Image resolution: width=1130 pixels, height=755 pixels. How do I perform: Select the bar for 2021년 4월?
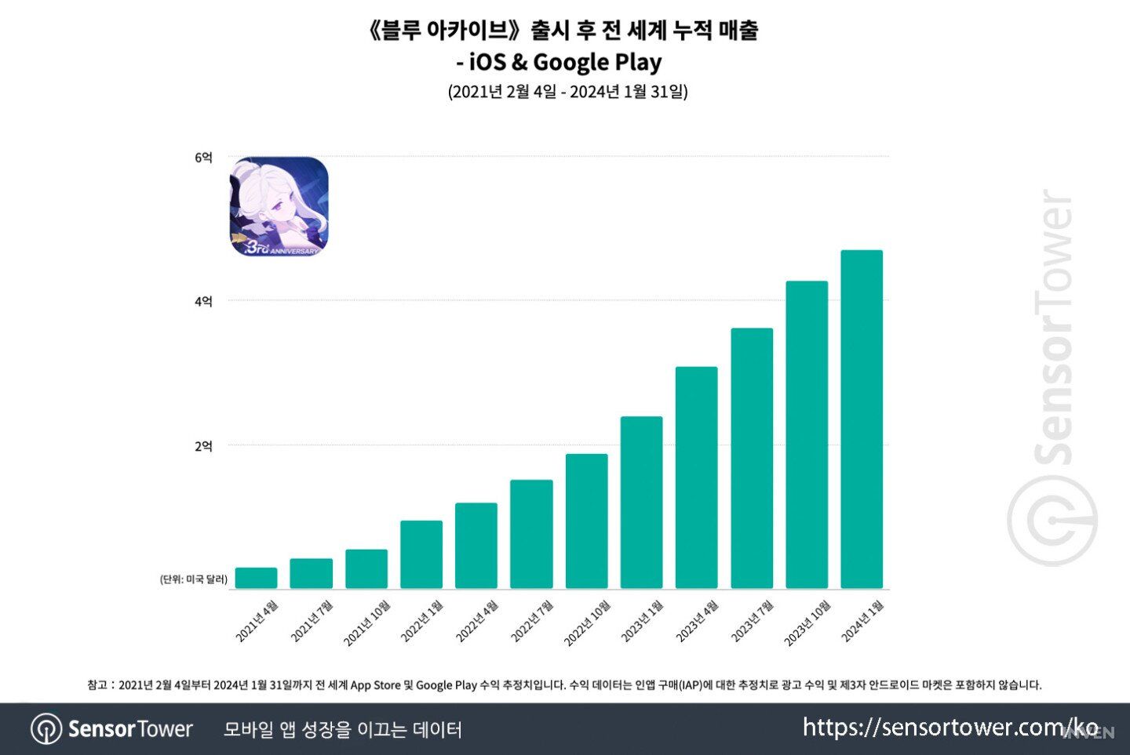pyautogui.click(x=256, y=578)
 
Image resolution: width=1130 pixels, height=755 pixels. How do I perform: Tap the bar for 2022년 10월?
pyautogui.click(x=586, y=521)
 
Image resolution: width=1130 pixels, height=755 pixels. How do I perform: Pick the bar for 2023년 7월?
pyautogui.click(x=751, y=459)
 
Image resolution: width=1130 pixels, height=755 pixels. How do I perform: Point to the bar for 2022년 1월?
pyautogui.click(x=421, y=554)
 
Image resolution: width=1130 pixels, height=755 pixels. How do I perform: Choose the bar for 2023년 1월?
pyautogui.click(x=641, y=503)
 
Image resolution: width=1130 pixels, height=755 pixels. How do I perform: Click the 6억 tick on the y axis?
pyautogui.click(x=203, y=158)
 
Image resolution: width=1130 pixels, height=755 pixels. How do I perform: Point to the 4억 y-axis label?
pyautogui.click(x=203, y=301)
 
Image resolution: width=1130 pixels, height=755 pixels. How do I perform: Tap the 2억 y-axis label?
pyautogui.click(x=203, y=446)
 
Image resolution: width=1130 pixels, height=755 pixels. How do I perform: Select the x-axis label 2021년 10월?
pyautogui.click(x=366, y=623)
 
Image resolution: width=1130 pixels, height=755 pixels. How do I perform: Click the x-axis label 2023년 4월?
pyautogui.click(x=697, y=622)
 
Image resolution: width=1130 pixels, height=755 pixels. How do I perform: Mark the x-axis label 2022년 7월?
pyautogui.click(x=532, y=622)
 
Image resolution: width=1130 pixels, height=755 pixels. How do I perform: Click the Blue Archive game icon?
pyautogui.click(x=279, y=207)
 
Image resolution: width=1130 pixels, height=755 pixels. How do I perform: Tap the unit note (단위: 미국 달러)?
pyautogui.click(x=194, y=579)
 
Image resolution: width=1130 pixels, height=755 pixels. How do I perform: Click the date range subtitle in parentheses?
pyautogui.click(x=567, y=92)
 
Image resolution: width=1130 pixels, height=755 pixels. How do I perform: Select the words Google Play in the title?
pyautogui.click(x=597, y=62)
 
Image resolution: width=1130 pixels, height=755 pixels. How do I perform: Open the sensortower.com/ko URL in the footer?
pyautogui.click(x=950, y=728)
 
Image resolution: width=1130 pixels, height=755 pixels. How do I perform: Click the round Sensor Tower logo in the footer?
pyautogui.click(x=46, y=729)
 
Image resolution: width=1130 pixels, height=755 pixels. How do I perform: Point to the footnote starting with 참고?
pyautogui.click(x=564, y=684)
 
